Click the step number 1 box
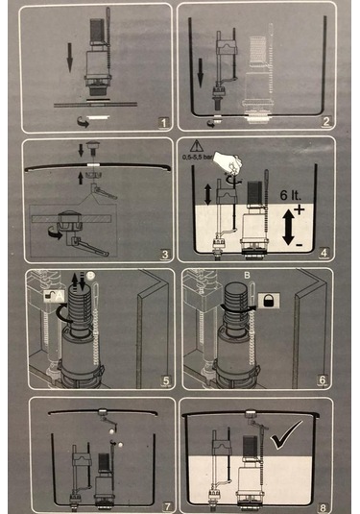(163, 122)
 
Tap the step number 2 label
(326, 122)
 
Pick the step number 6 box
(324, 381)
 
